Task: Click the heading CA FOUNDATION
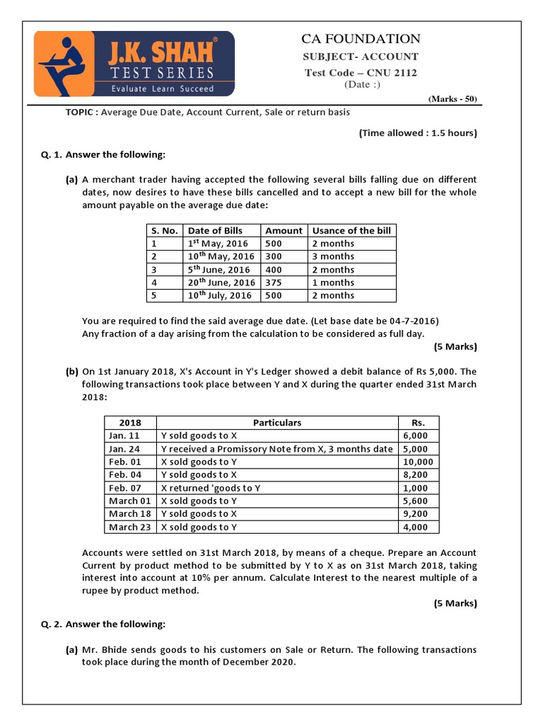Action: [x=361, y=39]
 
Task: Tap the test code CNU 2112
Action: [x=361, y=73]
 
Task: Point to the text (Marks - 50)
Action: [x=452, y=99]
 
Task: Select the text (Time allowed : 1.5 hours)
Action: [x=417, y=132]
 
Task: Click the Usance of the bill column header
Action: [x=351, y=230]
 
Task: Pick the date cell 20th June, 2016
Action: [x=221, y=282]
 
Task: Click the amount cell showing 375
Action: [x=274, y=282]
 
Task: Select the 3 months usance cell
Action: [x=333, y=256]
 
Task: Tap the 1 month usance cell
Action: [x=333, y=282]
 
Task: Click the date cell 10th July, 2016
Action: [x=220, y=295]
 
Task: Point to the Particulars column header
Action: [x=276, y=423]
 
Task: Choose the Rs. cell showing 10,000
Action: [x=419, y=462]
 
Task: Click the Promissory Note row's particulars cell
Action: [x=276, y=449]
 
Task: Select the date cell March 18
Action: [x=129, y=514]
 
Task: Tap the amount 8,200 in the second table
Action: [x=415, y=475]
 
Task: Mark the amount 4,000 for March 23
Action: [x=415, y=527]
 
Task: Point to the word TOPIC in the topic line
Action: [x=80, y=113]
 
